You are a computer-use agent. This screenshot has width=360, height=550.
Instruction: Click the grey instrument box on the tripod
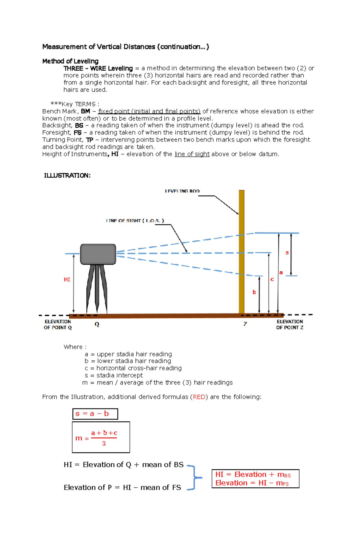point(98,254)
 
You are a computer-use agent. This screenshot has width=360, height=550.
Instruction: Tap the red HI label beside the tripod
point(67,279)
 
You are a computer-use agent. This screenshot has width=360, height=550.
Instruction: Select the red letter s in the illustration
point(287,252)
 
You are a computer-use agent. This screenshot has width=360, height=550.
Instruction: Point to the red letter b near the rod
point(254,292)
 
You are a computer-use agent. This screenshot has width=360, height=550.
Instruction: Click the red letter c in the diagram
point(272,279)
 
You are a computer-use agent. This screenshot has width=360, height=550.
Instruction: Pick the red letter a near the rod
point(281,272)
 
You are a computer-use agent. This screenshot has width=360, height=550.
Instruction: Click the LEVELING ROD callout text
point(182,191)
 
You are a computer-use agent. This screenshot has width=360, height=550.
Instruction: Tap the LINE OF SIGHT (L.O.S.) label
point(135,221)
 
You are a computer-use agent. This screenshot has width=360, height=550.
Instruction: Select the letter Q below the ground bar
point(97,324)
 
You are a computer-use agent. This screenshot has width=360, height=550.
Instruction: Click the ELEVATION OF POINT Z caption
point(289,324)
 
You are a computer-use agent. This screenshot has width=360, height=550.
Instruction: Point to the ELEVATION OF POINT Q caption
point(58,324)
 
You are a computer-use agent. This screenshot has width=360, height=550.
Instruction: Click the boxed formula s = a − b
point(95,414)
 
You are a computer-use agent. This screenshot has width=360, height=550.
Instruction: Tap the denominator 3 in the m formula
point(104,443)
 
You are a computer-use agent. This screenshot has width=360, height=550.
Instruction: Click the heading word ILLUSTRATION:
point(67,176)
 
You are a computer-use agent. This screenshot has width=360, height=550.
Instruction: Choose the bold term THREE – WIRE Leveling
point(98,68)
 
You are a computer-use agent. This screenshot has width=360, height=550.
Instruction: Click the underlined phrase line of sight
point(192,154)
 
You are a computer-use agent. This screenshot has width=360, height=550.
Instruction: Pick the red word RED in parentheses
point(199,397)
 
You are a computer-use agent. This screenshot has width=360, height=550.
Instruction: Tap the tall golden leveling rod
point(241,252)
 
